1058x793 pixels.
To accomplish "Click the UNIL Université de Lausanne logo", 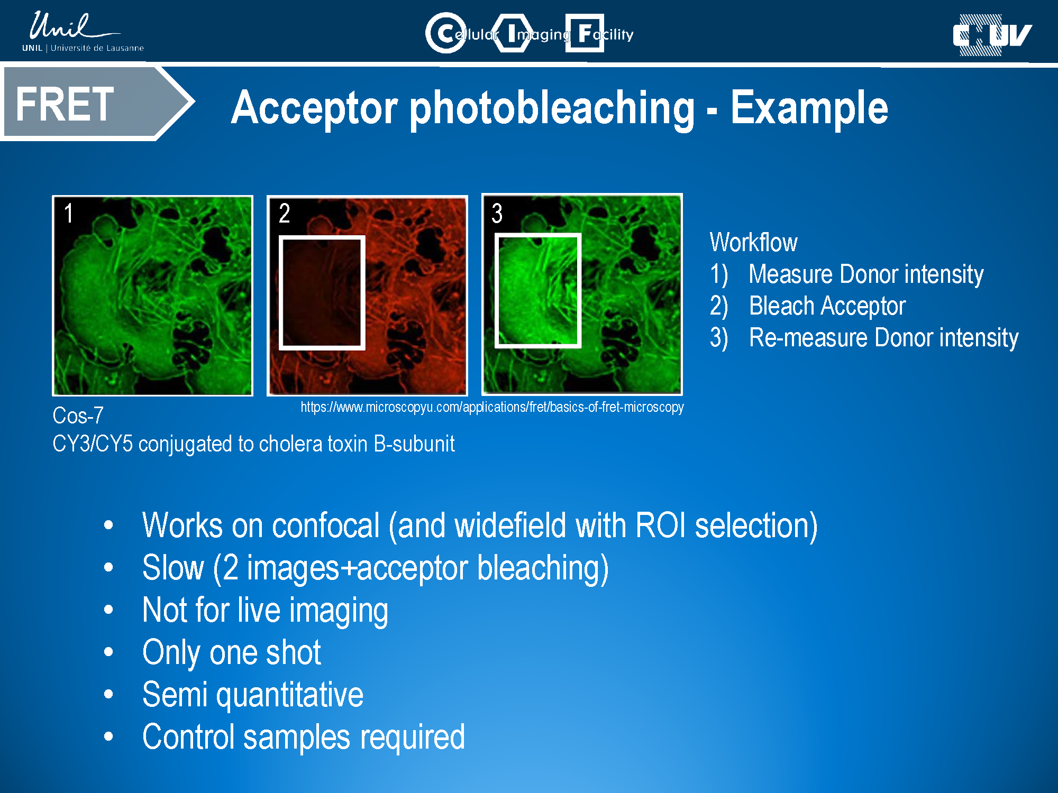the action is click(83, 32).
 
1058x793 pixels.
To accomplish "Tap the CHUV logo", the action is click(992, 35).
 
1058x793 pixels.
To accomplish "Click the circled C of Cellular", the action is click(446, 33).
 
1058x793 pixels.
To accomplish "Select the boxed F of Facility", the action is click(585, 33).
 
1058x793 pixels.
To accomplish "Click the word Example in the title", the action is click(809, 107).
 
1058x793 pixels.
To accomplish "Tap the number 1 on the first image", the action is click(69, 213).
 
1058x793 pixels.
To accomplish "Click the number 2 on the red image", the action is click(285, 213).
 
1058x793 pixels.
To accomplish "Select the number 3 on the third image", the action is click(497, 213).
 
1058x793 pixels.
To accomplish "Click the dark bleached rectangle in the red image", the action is click(322, 292).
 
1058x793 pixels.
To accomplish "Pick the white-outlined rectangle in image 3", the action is click(495, 290).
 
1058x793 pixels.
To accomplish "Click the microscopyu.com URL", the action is click(492, 407).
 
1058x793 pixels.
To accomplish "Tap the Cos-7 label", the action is click(78, 416).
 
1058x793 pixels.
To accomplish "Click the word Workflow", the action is click(753, 242).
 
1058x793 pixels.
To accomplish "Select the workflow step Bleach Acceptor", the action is click(827, 306).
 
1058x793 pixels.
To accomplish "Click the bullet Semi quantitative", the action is click(253, 695).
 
